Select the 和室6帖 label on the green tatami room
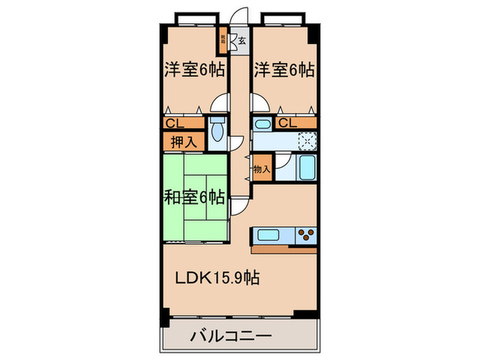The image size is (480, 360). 194,197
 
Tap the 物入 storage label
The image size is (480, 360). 262,169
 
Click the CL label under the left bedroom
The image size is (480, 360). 173,123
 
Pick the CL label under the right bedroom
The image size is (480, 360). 287,123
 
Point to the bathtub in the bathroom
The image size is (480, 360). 307,167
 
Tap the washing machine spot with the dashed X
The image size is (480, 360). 307,141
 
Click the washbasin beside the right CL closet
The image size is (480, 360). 261,124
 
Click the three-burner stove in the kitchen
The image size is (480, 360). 307,236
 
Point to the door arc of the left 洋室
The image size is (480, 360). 219,103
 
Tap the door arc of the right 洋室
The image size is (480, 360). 259,103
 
